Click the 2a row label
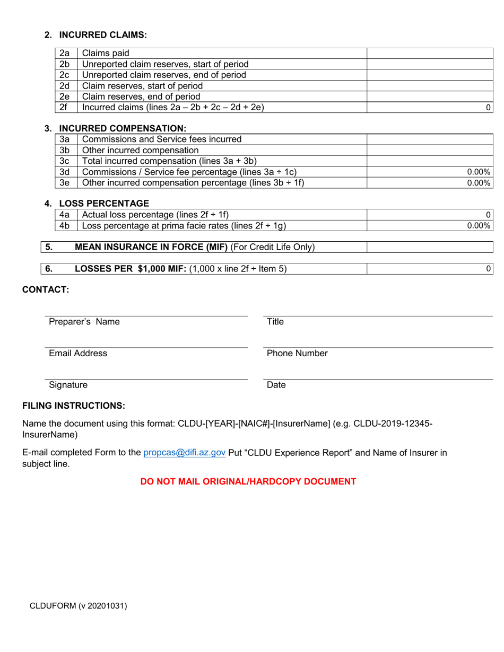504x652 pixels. (x=65, y=53)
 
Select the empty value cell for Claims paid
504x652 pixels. (x=430, y=53)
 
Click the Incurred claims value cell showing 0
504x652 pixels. (x=430, y=108)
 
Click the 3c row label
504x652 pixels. (x=65, y=161)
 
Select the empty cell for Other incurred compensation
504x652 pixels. (x=430, y=150)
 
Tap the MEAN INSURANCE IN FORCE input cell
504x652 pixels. (x=430, y=248)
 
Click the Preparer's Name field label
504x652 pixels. (x=84, y=322)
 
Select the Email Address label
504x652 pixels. (x=78, y=354)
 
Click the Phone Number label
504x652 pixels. (x=297, y=354)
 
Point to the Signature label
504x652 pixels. (x=68, y=385)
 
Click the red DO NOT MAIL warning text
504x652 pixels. (x=248, y=482)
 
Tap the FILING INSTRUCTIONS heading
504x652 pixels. (x=74, y=406)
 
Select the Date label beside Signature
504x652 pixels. (x=276, y=385)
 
